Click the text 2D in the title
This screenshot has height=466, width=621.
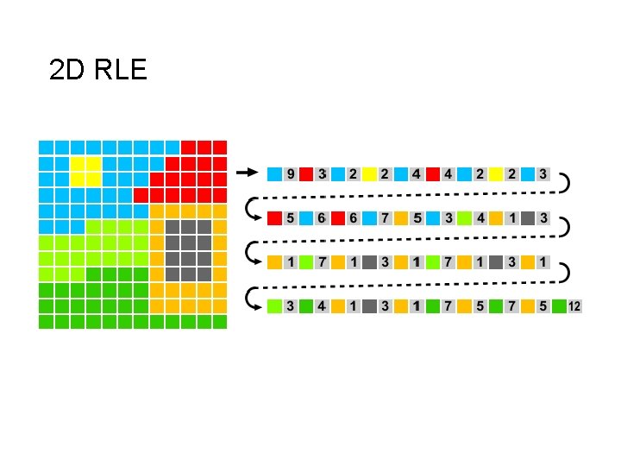pyautogui.click(x=66, y=70)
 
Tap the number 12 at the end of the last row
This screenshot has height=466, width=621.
pyautogui.click(x=574, y=305)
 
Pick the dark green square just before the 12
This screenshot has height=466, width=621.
pyautogui.click(x=559, y=305)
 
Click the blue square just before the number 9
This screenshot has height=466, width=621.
pyautogui.click(x=274, y=173)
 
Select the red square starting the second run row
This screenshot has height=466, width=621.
pyautogui.click(x=274, y=217)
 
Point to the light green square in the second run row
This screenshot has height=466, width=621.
pyautogui.click(x=464, y=217)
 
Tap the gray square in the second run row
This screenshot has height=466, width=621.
pyautogui.click(x=527, y=217)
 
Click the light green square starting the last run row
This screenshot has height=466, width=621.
pyautogui.click(x=274, y=305)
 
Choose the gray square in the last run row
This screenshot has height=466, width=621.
pyautogui.click(x=369, y=305)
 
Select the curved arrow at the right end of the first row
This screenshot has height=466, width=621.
pyautogui.click(x=562, y=184)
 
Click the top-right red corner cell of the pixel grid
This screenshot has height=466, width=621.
pyautogui.click(x=220, y=147)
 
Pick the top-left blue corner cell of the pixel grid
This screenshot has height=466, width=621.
pyautogui.click(x=46, y=147)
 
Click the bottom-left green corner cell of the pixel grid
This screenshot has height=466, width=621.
pyautogui.click(x=46, y=321)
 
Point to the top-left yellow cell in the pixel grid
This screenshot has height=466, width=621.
pyautogui.click(x=77, y=163)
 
